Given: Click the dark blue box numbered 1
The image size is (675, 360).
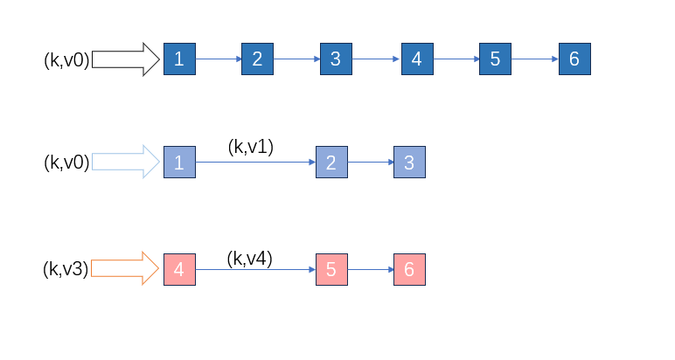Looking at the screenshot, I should [179, 59].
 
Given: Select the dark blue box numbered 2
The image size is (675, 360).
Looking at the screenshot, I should [257, 59].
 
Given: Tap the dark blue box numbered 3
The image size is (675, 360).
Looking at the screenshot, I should [336, 59].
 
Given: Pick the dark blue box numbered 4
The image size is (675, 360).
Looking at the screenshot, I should [416, 59].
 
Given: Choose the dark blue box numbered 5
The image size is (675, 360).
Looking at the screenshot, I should [495, 59].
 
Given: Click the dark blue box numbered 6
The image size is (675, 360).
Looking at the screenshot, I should [574, 59].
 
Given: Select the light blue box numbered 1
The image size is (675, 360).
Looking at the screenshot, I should [179, 163].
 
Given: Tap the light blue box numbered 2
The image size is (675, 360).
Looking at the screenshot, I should [331, 163].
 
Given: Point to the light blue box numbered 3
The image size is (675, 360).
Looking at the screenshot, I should [409, 163].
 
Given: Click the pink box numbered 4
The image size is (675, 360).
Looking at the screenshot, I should [179, 269].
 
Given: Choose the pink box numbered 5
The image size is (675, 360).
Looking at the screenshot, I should [331, 269].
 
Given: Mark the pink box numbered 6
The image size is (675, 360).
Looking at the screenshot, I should [409, 269].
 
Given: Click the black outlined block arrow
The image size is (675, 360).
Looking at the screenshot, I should [125, 59].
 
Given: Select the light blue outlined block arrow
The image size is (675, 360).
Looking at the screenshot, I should [125, 163].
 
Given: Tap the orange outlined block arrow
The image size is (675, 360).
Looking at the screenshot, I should [125, 269].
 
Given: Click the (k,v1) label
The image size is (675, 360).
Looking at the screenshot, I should [250, 147].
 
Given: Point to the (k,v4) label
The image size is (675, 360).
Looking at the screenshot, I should [250, 258].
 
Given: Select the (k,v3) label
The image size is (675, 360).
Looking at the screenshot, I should [66, 269].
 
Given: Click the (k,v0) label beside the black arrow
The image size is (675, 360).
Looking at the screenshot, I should [66, 60].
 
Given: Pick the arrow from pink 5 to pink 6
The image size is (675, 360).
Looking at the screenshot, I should [371, 269].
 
